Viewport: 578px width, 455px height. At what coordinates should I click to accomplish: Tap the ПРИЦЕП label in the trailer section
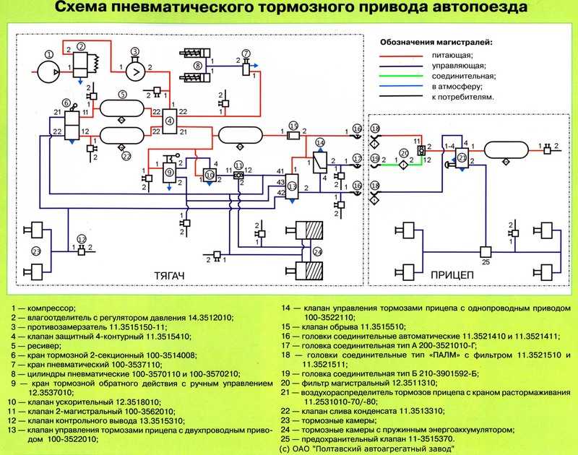pos(452,276)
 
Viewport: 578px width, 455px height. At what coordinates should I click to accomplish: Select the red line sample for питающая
pos(404,55)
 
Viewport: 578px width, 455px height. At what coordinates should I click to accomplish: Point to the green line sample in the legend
pos(404,76)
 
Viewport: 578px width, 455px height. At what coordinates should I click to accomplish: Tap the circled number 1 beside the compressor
pos(48,53)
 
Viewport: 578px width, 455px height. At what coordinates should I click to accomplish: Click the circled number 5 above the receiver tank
pos(123,94)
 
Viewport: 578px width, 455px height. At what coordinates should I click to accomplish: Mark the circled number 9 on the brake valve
pos(169,172)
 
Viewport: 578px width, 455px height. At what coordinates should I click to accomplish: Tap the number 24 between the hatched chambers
pos(316,251)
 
